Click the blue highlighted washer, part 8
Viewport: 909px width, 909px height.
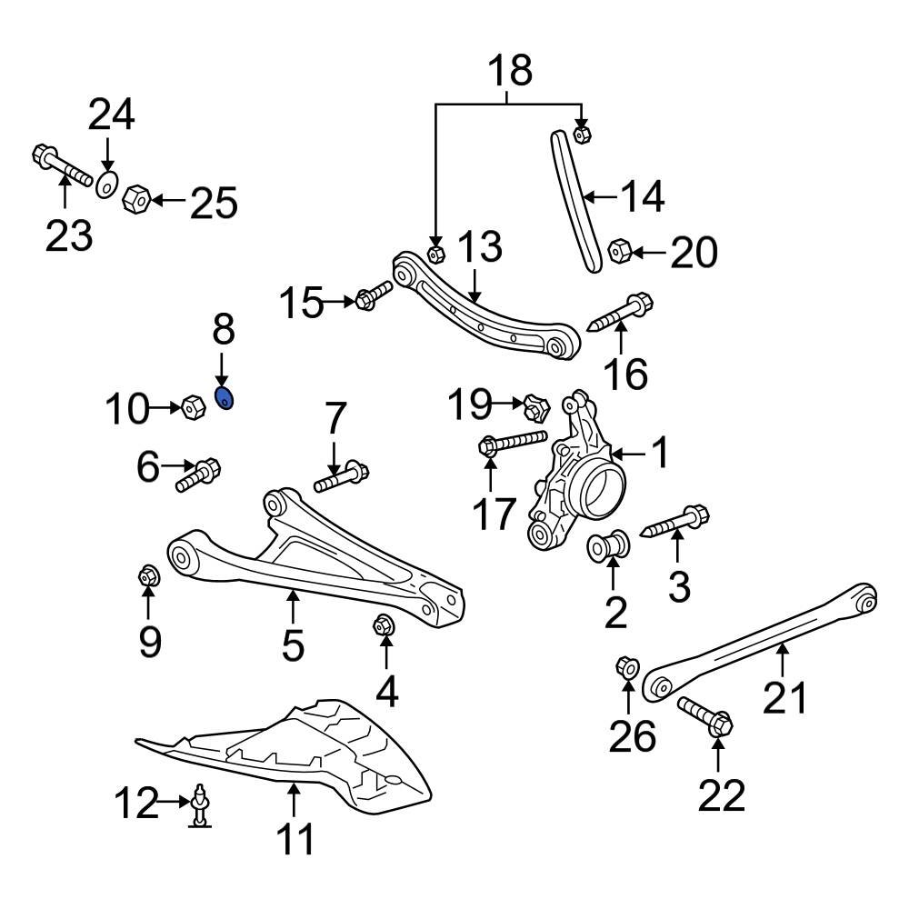point(224,397)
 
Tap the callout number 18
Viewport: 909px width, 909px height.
point(510,70)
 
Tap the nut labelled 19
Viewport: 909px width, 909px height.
point(535,407)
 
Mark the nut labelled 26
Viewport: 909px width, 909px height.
point(626,668)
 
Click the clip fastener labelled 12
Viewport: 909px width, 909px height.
point(200,806)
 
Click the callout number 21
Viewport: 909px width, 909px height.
point(784,698)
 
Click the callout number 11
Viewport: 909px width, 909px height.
point(296,838)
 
